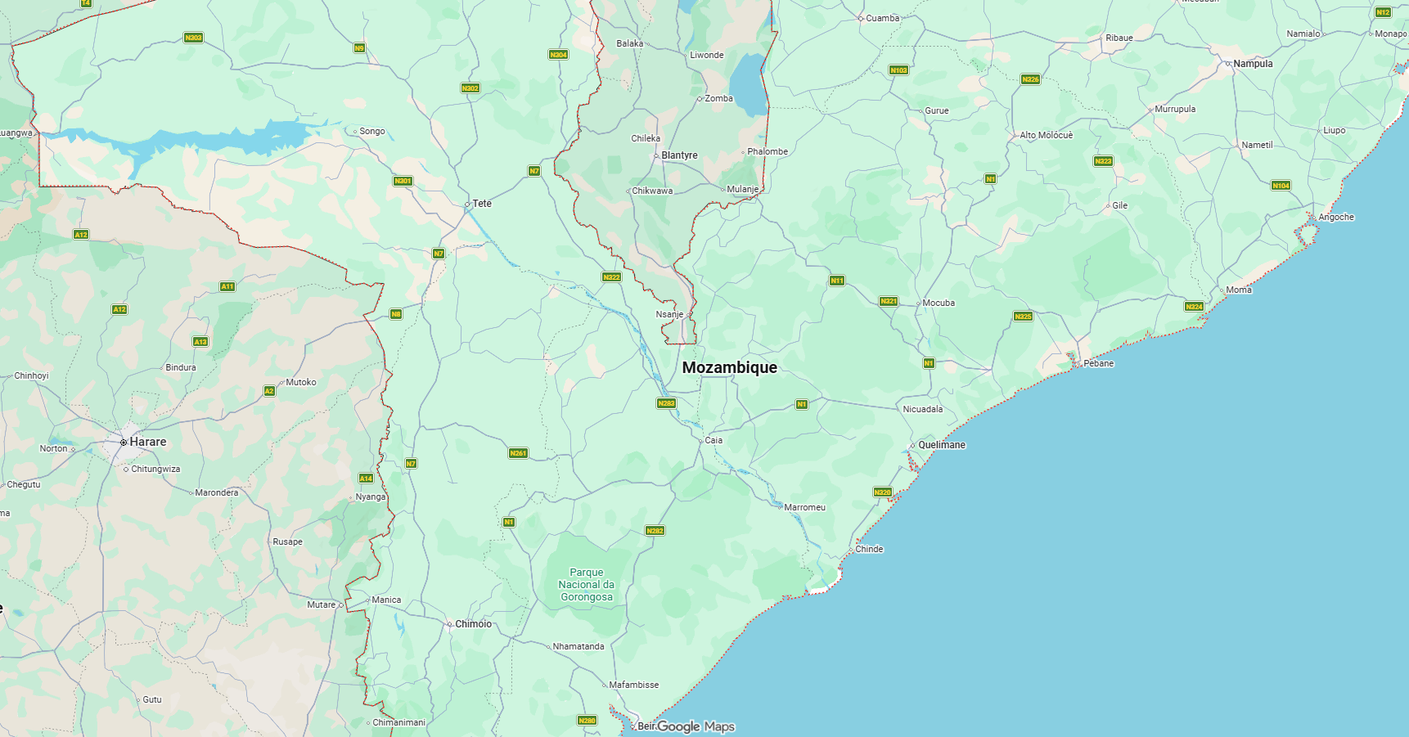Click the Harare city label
tap(147, 442)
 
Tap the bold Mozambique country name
tap(729, 367)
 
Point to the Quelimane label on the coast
tap(941, 445)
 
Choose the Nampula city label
tap(1253, 64)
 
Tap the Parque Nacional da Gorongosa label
tap(586, 585)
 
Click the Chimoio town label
tap(473, 624)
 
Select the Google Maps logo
tap(695, 726)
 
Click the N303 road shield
tap(193, 38)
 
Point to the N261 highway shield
tap(518, 453)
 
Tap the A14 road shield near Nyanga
tap(366, 479)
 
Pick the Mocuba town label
tap(938, 303)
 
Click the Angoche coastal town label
tap(1335, 217)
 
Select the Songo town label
tap(371, 131)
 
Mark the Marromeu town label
tap(804, 507)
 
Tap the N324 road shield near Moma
tap(1194, 307)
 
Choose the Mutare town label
tap(322, 604)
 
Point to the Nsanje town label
tap(668, 314)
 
